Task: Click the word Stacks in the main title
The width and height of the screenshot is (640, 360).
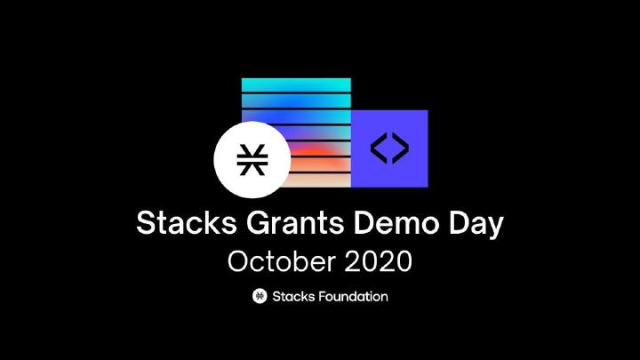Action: tap(187, 222)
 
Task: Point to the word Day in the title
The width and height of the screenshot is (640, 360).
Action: tap(476, 225)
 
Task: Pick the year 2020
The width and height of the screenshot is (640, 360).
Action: tap(378, 261)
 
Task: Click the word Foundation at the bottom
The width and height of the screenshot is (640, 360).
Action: tap(353, 296)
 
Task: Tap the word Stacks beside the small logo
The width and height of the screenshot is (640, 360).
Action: tap(293, 296)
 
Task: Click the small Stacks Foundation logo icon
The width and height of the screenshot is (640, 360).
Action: tap(260, 296)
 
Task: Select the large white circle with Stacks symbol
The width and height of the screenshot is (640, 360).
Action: tap(252, 160)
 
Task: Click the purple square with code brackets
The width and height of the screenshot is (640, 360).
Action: tap(389, 148)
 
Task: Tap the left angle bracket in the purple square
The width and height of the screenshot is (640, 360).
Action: tap(379, 148)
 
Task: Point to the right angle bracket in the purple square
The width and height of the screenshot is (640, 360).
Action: tap(400, 148)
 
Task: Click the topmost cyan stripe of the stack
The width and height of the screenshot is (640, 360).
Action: tap(296, 85)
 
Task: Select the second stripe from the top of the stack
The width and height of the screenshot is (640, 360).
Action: tap(296, 101)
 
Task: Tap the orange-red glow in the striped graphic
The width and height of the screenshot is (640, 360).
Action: tap(316, 157)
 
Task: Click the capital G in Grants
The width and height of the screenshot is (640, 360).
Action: tap(260, 223)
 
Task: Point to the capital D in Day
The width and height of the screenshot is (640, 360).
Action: tap(460, 223)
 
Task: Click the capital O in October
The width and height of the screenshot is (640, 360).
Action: tap(239, 261)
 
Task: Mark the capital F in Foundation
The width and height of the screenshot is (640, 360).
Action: tap(322, 296)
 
